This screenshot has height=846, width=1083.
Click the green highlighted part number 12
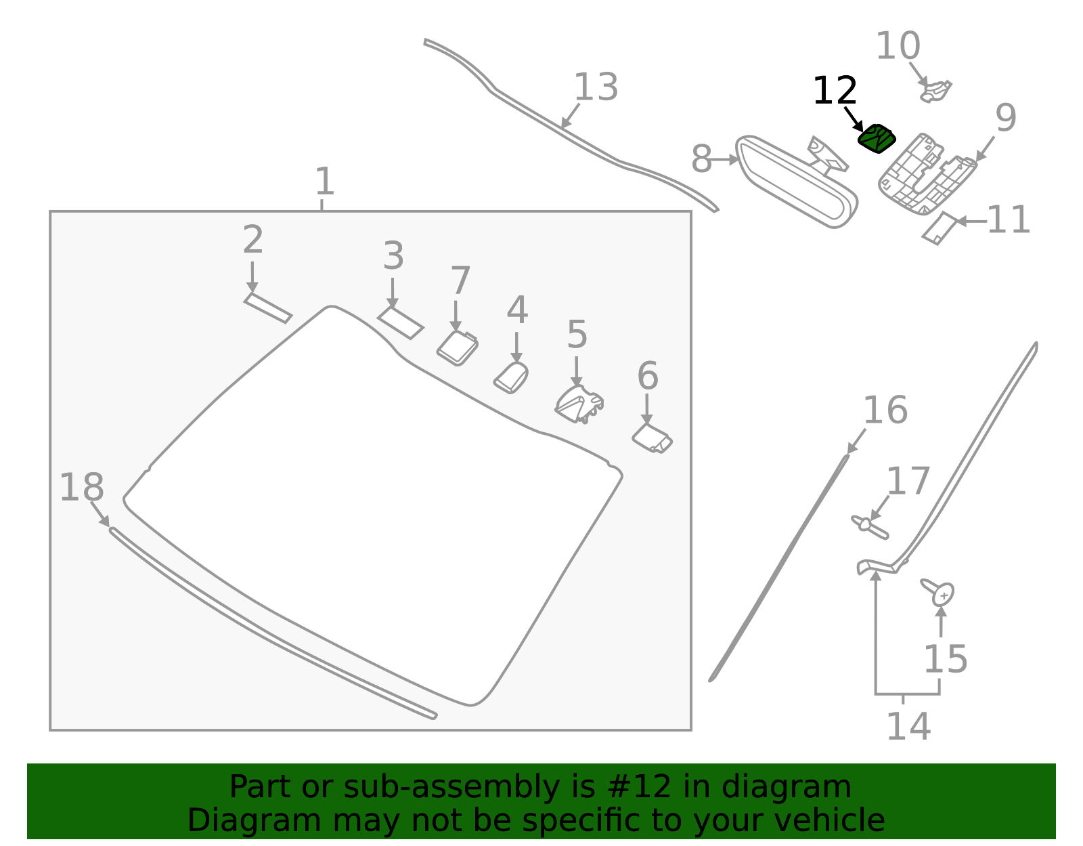coord(876,139)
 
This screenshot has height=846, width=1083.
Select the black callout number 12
coord(835,91)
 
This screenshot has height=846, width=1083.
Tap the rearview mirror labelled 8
coord(797,182)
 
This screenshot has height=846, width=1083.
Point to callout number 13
coord(596,87)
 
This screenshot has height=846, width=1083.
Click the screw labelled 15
coord(938,592)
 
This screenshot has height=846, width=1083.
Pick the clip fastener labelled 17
coord(869,528)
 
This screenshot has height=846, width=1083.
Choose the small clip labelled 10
coord(935,91)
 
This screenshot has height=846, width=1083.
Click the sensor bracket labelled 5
coord(579,404)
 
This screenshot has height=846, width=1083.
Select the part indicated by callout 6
coord(652,439)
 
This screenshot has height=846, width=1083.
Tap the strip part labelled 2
coord(267,308)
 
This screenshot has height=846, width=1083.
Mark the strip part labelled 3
coord(400,323)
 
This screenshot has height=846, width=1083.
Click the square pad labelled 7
coord(457,348)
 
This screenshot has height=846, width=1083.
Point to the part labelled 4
coord(511,377)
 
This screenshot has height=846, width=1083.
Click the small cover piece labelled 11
coord(940,229)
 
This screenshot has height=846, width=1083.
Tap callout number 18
coord(82,488)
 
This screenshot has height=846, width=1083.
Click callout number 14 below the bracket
coord(908,727)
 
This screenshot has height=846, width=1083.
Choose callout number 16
coord(885,410)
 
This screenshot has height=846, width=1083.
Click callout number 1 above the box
coord(325,182)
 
